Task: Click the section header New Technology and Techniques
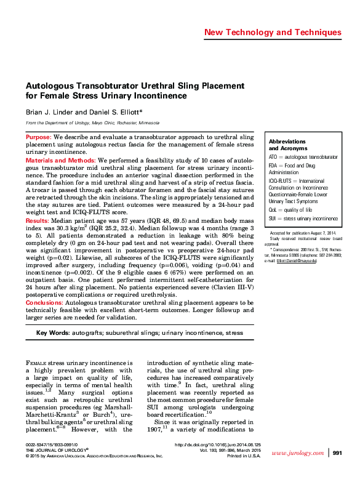pyautogui.click(x=273, y=32)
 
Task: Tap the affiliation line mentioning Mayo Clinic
pyautogui.click(x=92, y=123)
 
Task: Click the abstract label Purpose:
pyautogui.click(x=39, y=137)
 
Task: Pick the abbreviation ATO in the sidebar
pyautogui.click(x=274, y=158)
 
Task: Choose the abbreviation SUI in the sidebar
pyautogui.click(x=273, y=219)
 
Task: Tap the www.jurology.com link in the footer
pyautogui.click(x=297, y=470)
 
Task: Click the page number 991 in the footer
pyautogui.click(x=337, y=470)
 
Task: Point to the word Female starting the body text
pyautogui.click(x=38, y=363)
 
